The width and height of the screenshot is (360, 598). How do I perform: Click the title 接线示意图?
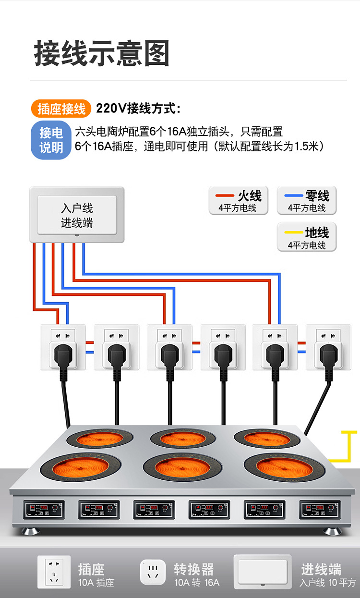tap(102, 53)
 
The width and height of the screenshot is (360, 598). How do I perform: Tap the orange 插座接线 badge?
tap(61, 109)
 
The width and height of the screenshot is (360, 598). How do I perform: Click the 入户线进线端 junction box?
tap(77, 215)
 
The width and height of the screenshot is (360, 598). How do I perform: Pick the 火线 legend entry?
tap(238, 201)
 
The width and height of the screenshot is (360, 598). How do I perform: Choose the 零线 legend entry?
tap(307, 201)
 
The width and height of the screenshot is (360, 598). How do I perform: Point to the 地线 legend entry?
tap(307, 237)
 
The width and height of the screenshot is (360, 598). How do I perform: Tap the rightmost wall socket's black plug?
tap(328, 355)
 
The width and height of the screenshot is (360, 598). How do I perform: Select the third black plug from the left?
tap(169, 355)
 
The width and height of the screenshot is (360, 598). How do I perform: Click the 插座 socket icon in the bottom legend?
tap(54, 572)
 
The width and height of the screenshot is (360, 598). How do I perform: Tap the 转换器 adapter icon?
tap(153, 572)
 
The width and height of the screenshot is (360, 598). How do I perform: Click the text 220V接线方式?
tap(138, 109)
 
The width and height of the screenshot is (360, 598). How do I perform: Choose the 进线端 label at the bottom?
tap(321, 570)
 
